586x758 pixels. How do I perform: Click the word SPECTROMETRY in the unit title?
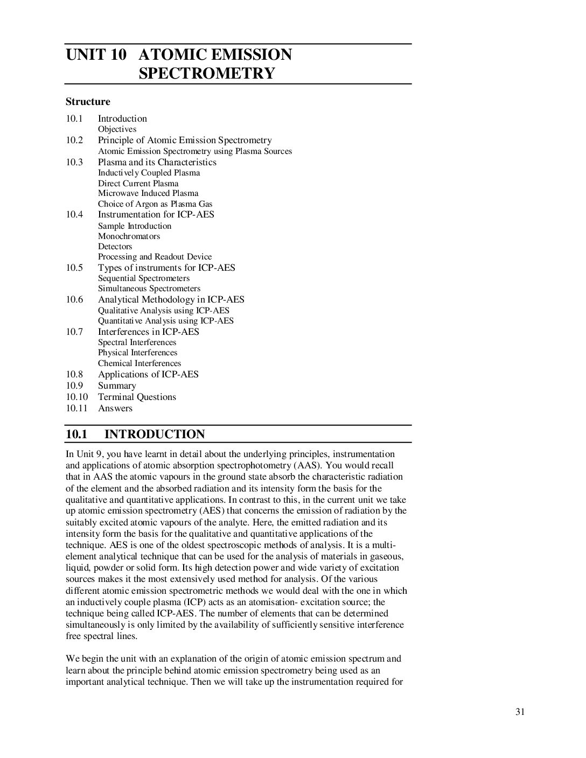click(207, 73)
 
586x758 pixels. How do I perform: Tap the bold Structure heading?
click(88, 102)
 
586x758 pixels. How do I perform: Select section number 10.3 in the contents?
click(74, 162)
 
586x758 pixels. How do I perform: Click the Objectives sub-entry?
click(117, 129)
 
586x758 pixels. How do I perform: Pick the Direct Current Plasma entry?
click(138, 183)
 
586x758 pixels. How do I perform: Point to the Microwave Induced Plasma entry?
click(148, 193)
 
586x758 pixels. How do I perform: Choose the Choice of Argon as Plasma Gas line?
click(155, 204)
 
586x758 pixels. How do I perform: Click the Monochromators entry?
click(129, 236)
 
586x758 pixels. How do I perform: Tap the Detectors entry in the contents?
click(115, 247)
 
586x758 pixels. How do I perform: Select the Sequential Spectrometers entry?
click(144, 278)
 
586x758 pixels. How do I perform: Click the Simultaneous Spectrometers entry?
click(149, 289)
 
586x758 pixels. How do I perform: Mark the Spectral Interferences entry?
click(137, 342)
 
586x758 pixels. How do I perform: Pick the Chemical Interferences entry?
click(139, 363)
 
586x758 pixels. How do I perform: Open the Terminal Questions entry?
click(137, 397)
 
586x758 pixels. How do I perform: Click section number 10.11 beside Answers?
click(76, 409)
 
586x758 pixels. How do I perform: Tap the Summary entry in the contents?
click(117, 386)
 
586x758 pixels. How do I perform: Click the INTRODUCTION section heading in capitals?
click(155, 434)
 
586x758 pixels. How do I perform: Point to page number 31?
click(520, 712)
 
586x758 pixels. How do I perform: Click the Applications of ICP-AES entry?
click(148, 375)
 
